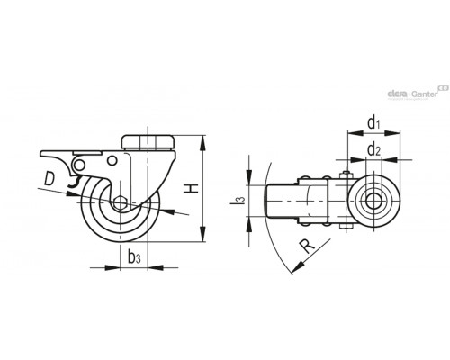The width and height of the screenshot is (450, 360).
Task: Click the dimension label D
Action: coord(49,178)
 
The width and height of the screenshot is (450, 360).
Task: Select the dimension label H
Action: coord(192,188)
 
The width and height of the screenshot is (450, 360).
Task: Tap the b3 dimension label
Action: coord(134,257)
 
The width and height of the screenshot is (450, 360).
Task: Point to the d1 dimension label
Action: coord(373,122)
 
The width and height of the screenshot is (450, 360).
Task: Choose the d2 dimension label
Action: coord(373,149)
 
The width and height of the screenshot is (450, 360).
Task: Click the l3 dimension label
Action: coord(241,201)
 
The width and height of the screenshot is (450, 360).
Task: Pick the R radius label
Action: coord(308,247)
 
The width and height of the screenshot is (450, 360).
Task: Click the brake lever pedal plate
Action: coord(71,154)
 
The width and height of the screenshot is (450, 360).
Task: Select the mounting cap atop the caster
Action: coord(148,142)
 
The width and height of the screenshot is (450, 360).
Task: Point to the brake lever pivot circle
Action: coord(79,165)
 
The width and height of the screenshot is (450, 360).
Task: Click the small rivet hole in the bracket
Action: coord(112,160)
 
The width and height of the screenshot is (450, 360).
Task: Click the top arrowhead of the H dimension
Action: coord(203,142)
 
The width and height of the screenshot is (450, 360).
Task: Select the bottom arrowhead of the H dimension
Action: coord(203,234)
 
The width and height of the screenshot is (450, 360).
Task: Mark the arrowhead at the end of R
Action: coord(297,268)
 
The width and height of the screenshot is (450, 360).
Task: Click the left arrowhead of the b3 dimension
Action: coord(112,267)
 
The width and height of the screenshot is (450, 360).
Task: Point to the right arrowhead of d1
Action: coord(392,132)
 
